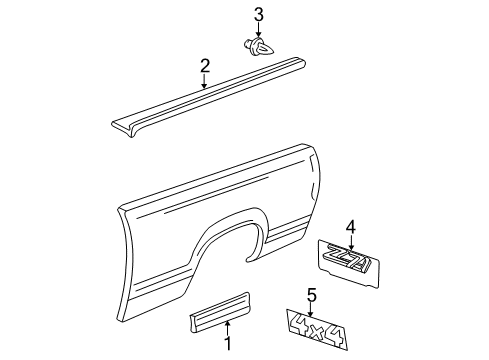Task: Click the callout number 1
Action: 226,345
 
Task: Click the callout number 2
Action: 204,66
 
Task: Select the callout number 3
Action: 258,14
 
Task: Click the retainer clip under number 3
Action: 256,45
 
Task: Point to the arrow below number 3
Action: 258,29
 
